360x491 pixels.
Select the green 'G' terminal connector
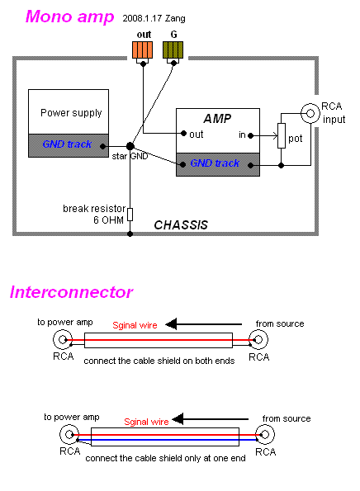[x=174, y=50]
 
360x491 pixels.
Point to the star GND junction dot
[x=130, y=146]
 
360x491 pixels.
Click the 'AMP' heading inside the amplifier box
[x=218, y=118]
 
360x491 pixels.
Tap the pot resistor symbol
[x=282, y=135]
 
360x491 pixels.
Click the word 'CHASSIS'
[x=180, y=224]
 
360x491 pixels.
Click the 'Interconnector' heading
[x=71, y=292]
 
